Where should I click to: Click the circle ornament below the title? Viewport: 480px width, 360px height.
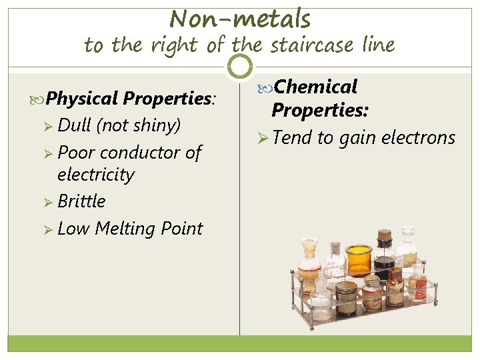click(240, 66)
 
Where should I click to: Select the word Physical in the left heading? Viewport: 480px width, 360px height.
click(83, 99)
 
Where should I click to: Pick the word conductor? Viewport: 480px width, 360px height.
click(143, 153)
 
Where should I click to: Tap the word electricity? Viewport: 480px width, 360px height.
click(96, 175)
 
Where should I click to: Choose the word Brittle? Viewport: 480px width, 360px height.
click(81, 201)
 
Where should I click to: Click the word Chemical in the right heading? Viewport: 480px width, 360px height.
click(315, 87)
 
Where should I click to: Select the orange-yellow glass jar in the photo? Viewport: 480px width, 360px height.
click(359, 258)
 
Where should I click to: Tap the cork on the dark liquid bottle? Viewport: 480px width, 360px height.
click(384, 235)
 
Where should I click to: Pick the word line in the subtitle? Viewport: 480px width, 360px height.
click(379, 45)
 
